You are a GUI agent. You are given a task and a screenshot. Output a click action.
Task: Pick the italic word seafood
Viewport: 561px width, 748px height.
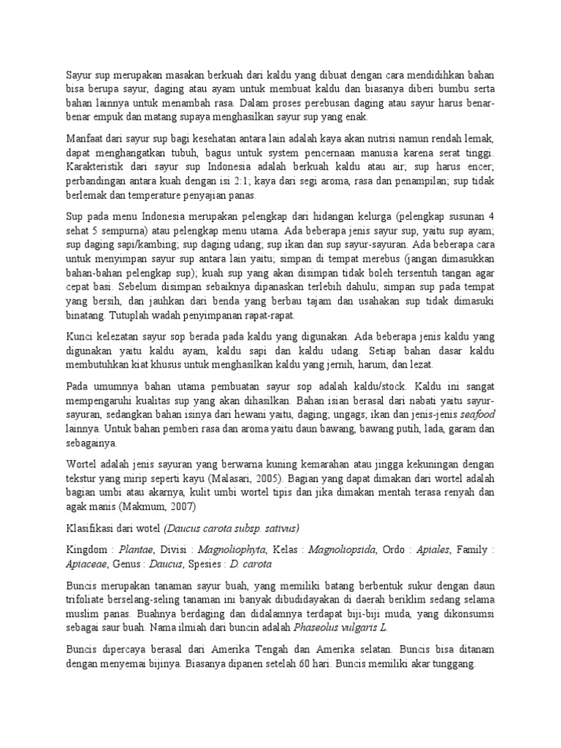click(x=476, y=413)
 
